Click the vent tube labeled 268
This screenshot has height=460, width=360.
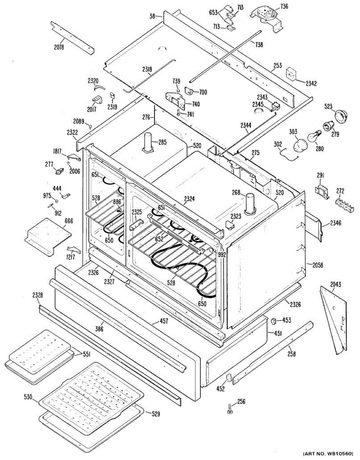[250, 203]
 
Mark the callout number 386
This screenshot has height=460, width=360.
[100, 329]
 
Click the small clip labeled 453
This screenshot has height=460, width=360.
[275, 320]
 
